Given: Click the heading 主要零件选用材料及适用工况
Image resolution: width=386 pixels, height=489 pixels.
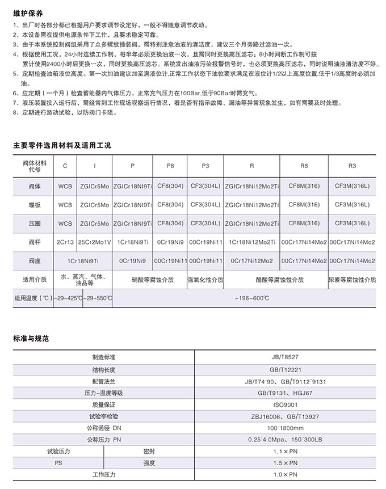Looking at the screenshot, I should pyautogui.click(x=62, y=145).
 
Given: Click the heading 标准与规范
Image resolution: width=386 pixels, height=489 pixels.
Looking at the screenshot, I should pyautogui.click(x=31, y=338).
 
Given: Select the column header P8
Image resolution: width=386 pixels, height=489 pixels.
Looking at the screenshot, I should pyautogui.click(x=170, y=165).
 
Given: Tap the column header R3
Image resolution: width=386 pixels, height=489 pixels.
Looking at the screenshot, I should pyautogui.click(x=352, y=165).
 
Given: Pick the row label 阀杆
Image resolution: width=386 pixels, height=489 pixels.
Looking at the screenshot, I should pyautogui.click(x=35, y=242).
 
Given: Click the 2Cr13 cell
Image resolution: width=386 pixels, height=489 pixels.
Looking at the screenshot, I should pyautogui.click(x=65, y=242).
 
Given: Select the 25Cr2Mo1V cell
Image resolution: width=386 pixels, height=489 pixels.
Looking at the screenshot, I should pyautogui.click(x=94, y=242).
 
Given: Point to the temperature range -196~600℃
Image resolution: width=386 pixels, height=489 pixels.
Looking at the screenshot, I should pyautogui.click(x=245, y=298).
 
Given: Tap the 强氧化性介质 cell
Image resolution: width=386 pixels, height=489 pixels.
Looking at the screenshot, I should pyautogui.click(x=205, y=280).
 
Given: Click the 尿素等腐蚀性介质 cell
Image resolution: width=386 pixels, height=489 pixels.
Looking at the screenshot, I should pyautogui.click(x=352, y=280).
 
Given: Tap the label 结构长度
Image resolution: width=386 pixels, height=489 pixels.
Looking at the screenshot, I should pyautogui.click(x=103, y=369).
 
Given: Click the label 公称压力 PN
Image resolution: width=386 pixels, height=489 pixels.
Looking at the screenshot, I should pyautogui.click(x=103, y=439).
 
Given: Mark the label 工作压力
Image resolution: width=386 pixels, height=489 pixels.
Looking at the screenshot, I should pyautogui.click(x=103, y=474).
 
